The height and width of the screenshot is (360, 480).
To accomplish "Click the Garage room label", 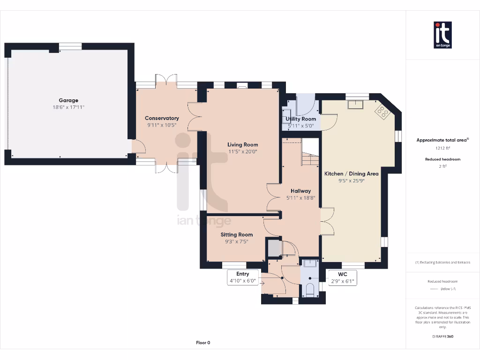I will tap(68, 100).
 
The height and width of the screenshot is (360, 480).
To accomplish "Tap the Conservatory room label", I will tap(162, 118).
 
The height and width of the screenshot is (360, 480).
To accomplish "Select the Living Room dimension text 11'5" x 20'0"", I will tap(243, 151).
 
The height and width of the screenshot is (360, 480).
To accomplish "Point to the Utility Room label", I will tap(301, 119).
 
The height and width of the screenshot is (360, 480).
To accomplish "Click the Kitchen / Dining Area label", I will tap(352, 173).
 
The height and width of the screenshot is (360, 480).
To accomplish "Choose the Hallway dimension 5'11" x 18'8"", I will tap(300, 198).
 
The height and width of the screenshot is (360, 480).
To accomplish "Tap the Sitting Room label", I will tap(237, 234).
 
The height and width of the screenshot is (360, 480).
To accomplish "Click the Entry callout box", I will tap(243, 277).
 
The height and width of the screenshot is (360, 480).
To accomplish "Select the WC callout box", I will tap(343, 277).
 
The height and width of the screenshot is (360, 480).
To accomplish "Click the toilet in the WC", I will tap(309, 288).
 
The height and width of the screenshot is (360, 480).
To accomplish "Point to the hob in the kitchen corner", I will tap(382, 111).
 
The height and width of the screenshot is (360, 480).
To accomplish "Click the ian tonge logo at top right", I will tap(442, 35).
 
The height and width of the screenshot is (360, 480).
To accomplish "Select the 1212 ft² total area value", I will tap(442, 148).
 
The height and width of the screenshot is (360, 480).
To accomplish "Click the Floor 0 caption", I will tap(203, 343).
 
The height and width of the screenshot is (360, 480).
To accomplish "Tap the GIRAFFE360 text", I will tap(442, 336).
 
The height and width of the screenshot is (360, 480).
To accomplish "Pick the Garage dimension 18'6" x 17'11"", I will tap(68, 107).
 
